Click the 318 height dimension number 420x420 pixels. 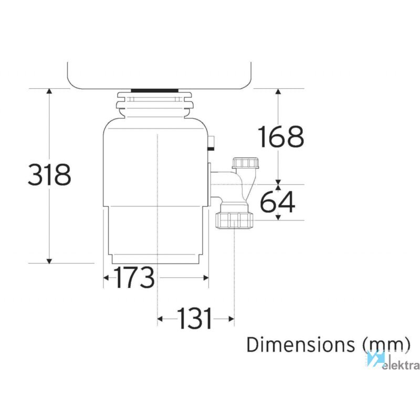[x=49, y=175]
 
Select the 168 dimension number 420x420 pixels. [x=281, y=136]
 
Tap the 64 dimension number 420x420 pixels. [x=278, y=202]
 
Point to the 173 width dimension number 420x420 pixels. [x=134, y=277]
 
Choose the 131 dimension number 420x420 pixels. [x=194, y=318]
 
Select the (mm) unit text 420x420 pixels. [x=386, y=345]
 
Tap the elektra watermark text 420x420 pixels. [x=401, y=365]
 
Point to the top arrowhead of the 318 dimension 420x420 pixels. [x=49, y=91]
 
